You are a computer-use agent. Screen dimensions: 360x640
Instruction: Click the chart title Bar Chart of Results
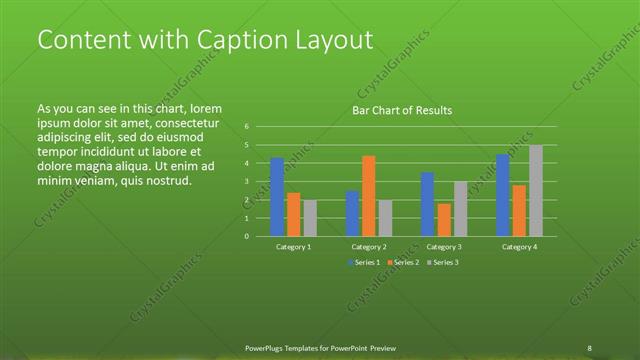(x=402, y=110)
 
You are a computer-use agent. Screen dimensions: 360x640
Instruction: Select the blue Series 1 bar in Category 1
(x=277, y=197)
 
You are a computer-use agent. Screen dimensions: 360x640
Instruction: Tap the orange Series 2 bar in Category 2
(x=369, y=196)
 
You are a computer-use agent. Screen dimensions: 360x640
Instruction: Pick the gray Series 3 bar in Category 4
(x=536, y=191)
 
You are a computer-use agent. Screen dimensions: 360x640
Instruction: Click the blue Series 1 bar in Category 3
(x=427, y=204)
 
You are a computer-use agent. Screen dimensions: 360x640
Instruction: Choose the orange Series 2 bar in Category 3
(x=444, y=220)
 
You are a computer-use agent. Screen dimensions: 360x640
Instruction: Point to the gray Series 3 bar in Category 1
(x=310, y=218)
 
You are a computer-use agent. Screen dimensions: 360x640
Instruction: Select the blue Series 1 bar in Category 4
(x=503, y=195)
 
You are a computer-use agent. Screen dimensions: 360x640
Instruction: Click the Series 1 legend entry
(x=364, y=262)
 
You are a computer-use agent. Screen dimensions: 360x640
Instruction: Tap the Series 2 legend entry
(x=403, y=262)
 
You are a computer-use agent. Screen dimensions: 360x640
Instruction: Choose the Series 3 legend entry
(x=442, y=262)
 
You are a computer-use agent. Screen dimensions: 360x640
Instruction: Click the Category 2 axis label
(x=369, y=246)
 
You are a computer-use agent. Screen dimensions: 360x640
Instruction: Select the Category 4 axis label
(x=519, y=246)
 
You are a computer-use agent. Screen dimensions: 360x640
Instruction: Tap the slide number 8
(x=589, y=348)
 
